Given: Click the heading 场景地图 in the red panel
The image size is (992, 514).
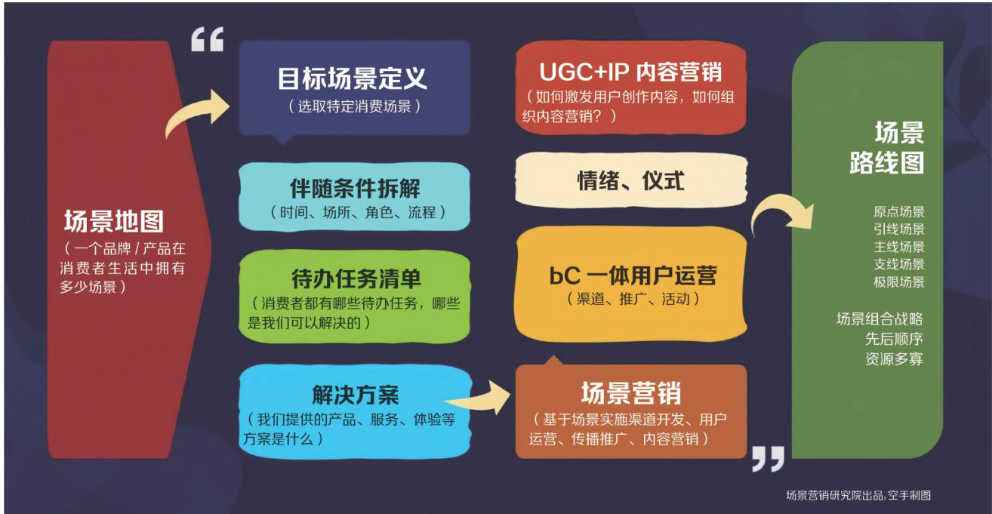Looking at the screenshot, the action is [x=114, y=222].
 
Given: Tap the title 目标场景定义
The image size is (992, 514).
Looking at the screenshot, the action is [x=353, y=78].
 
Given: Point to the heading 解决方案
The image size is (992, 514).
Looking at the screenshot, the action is [x=355, y=394].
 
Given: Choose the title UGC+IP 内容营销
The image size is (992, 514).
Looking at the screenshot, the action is [x=630, y=72].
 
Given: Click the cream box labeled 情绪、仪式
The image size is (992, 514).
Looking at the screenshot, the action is [x=631, y=181].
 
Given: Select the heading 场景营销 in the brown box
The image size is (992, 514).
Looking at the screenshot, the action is [x=631, y=393].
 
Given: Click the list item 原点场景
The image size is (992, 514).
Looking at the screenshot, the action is [x=898, y=212].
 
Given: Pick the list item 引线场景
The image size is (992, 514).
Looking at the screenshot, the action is [x=898, y=229].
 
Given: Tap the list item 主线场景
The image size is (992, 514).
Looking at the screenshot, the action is [x=898, y=247].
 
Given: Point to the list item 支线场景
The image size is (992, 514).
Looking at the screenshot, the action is [x=898, y=264].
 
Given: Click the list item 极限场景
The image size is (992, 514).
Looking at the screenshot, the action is [x=898, y=282].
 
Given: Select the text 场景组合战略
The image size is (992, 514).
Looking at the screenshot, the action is [x=880, y=319].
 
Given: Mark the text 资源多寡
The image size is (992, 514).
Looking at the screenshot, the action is [x=894, y=359].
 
